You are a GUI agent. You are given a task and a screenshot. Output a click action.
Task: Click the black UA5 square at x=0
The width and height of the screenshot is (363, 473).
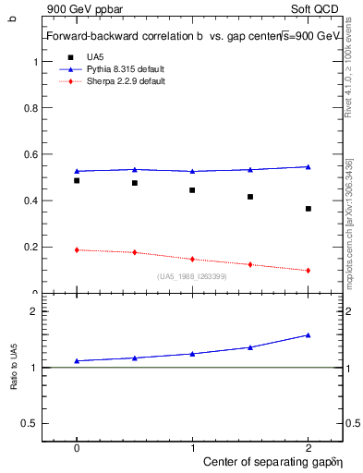[77, 181]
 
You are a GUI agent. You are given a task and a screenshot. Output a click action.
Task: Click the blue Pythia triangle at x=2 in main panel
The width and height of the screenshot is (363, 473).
[309, 166]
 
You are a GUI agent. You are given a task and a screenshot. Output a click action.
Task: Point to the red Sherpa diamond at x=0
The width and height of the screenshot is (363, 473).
[77, 249]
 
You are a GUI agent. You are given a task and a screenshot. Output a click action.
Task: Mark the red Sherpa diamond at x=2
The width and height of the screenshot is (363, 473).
[309, 271]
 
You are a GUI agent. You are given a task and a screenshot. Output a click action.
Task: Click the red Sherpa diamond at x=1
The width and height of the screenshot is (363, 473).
[192, 260]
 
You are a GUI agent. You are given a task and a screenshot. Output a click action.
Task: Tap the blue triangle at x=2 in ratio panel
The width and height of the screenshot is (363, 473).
[309, 335]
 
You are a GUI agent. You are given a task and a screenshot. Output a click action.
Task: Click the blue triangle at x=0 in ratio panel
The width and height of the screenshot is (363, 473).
[77, 360]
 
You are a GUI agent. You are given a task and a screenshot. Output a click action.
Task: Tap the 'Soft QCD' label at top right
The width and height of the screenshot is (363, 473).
[318, 8]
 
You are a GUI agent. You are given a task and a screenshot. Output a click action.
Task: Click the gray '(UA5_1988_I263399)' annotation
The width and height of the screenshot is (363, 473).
[192, 277]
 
